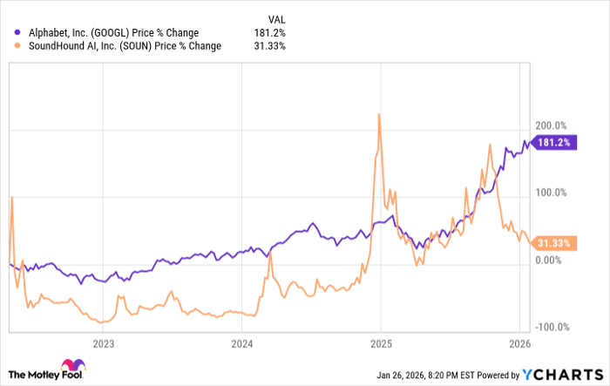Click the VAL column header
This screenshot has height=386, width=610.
point(274,17)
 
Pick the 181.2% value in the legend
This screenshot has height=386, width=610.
point(271,33)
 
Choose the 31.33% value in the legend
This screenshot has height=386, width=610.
point(269,46)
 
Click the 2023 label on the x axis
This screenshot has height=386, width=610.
point(104,342)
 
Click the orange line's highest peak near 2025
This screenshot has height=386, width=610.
point(379,114)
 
